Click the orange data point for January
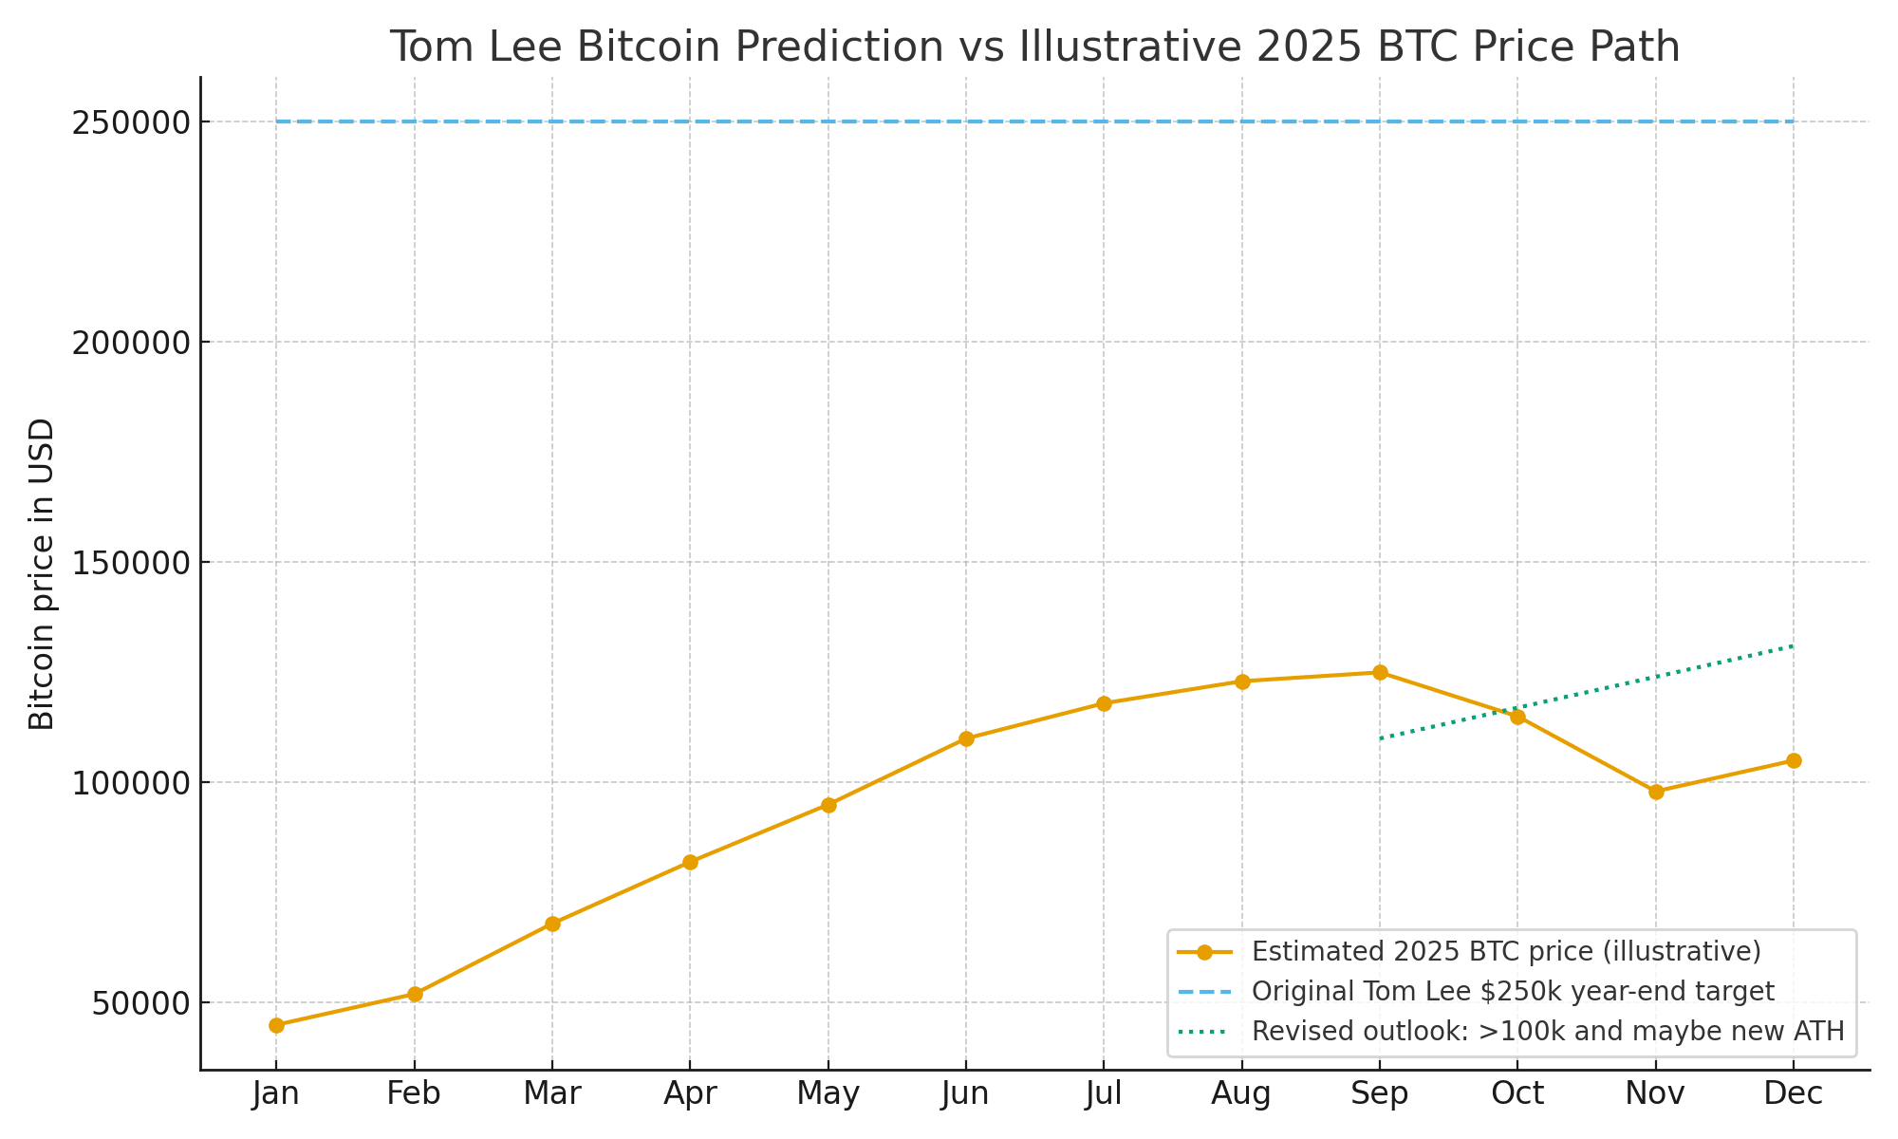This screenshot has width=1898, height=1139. click(276, 1025)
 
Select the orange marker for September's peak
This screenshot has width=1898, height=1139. click(1380, 672)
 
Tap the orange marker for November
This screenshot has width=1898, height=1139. click(1656, 792)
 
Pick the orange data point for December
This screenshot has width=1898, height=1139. click(1794, 760)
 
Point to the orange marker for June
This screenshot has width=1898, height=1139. click(966, 738)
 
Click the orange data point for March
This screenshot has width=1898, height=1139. click(552, 924)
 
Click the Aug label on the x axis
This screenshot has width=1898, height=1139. click(1241, 1094)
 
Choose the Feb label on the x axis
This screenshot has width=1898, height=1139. click(414, 1094)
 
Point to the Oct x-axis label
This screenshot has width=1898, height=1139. click(1517, 1094)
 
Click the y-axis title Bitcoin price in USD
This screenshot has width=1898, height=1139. click(42, 573)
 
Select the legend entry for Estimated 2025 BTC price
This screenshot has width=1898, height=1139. click(1506, 951)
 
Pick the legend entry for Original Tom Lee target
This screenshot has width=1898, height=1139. click(1513, 991)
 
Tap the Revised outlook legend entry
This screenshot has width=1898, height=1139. click(1548, 1031)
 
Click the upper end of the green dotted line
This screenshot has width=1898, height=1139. click(1792, 646)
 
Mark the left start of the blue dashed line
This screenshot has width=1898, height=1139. click(278, 121)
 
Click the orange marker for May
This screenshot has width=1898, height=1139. click(828, 805)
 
